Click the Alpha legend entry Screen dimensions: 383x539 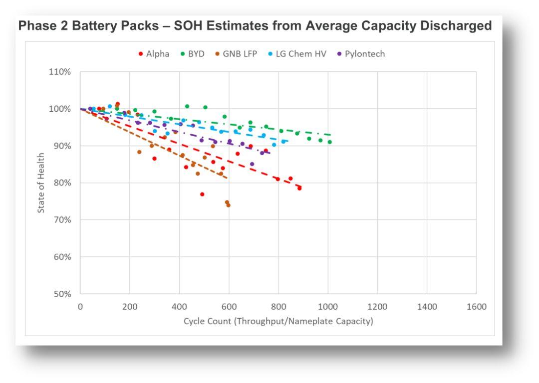[x=153, y=54]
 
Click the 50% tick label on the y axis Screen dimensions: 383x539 [x=64, y=294]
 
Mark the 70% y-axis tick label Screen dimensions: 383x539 [x=64, y=220]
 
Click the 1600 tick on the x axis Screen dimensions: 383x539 [x=476, y=306]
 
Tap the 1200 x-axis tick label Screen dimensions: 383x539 [x=377, y=306]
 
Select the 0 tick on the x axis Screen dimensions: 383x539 [x=80, y=306]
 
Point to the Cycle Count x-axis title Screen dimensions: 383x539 [x=278, y=322]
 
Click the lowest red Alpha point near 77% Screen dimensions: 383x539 [x=202, y=194]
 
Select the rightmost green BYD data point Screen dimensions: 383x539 [x=329, y=142]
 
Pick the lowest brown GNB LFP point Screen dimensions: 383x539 [x=228, y=205]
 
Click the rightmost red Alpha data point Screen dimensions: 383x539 [x=299, y=188]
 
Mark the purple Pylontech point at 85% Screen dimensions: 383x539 [x=252, y=164]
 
